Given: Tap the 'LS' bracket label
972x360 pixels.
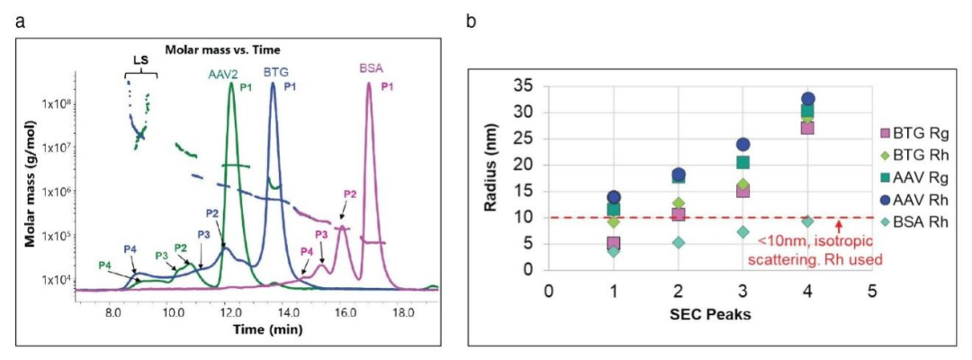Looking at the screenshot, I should pos(140,61).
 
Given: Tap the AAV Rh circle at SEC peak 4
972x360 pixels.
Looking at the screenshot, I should pos(808,99).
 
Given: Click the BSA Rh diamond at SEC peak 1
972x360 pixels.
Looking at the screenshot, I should pos(613,251).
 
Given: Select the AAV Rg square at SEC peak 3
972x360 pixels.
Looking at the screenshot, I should pos(742,163).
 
